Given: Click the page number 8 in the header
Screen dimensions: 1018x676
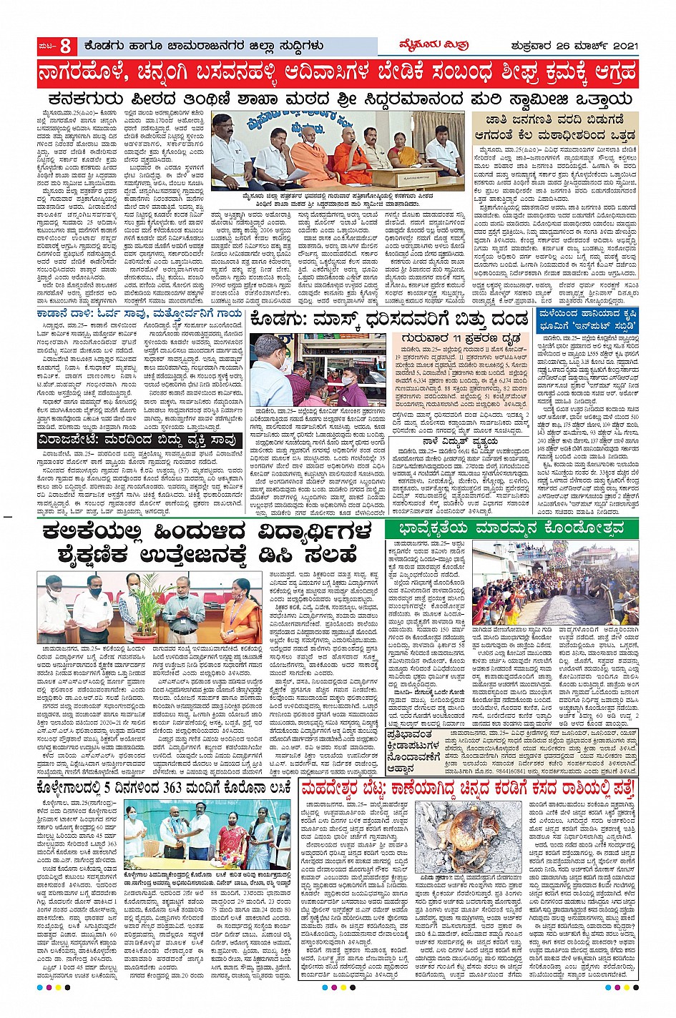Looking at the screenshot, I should pyautogui.click(x=64, y=46).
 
